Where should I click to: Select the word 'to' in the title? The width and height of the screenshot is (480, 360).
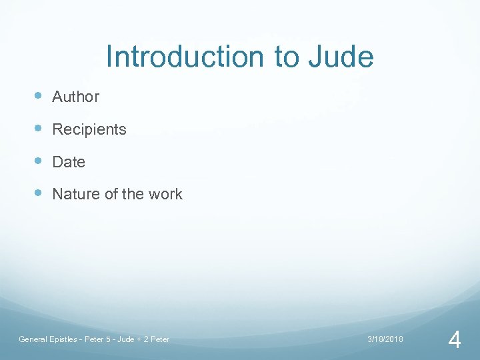click(x=286, y=58)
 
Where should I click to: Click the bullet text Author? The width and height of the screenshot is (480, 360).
click(x=75, y=97)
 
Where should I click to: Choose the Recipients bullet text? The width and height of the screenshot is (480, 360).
click(x=89, y=129)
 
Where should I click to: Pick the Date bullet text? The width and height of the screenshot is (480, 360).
click(x=69, y=162)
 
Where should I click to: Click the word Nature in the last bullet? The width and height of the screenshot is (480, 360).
click(x=73, y=195)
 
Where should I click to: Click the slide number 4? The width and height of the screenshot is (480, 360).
click(x=455, y=341)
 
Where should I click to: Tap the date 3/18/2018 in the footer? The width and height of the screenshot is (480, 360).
click(x=385, y=339)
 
